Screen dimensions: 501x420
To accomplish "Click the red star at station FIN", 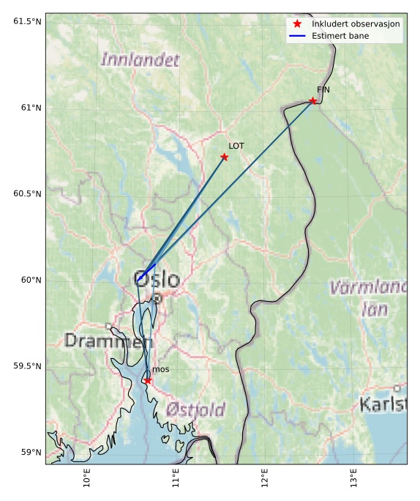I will [312, 101].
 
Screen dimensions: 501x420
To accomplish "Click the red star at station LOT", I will [225, 157].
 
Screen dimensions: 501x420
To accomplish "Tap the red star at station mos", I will [148, 380].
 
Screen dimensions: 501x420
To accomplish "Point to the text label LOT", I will [236, 146].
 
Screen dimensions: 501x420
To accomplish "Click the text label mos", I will [161, 369].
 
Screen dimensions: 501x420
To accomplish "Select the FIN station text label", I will [323, 90].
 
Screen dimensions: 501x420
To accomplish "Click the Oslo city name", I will [157, 280].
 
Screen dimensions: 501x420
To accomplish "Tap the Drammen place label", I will [108, 341].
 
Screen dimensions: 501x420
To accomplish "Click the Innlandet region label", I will [140, 60].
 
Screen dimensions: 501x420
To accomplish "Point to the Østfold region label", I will [195, 409].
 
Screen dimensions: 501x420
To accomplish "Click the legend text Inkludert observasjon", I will [356, 24].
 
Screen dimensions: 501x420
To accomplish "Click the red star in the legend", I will [297, 24].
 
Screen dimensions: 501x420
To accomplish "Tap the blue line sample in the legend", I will [297, 35].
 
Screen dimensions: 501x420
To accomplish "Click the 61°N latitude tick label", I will [27, 108].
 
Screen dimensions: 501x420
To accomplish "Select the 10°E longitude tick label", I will [86, 479].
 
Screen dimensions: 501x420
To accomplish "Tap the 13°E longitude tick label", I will [354, 479].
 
